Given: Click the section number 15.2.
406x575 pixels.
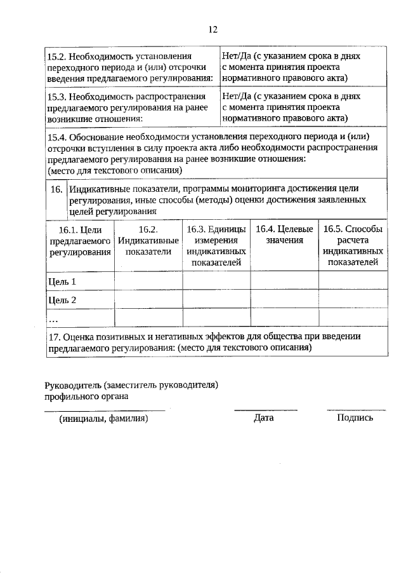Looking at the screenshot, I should [x=58, y=57].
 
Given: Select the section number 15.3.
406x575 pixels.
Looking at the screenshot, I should [x=58, y=97].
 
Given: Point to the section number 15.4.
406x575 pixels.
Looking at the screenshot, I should [x=58, y=137].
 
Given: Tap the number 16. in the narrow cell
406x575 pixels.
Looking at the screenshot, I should [x=55, y=189].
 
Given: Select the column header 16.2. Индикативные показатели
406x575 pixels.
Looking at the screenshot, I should [x=148, y=241].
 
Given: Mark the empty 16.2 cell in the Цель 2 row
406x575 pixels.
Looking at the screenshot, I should [x=148, y=300].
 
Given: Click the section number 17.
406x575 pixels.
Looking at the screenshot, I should [x=54, y=337].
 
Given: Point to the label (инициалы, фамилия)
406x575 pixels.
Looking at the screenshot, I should [x=104, y=419].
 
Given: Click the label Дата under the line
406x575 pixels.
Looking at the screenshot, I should [x=263, y=418].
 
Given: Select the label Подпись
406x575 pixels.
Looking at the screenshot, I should [x=355, y=418].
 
